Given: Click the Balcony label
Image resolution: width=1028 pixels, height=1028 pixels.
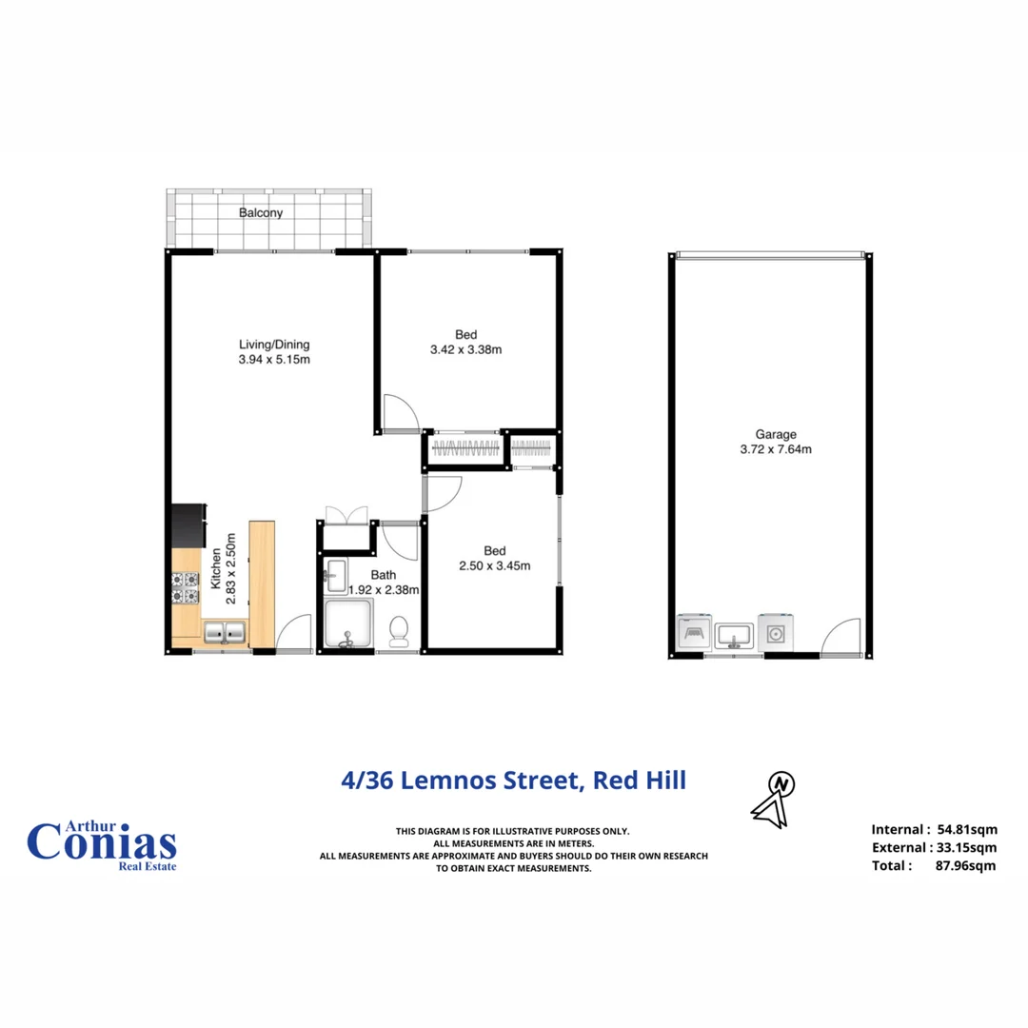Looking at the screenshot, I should coord(261,213).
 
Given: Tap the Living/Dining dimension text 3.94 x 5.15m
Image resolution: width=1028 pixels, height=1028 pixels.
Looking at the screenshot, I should coord(274,360).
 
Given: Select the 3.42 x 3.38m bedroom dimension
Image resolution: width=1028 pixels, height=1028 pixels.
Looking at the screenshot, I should coord(465,349).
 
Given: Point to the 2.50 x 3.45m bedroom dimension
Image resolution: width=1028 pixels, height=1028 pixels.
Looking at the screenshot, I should coord(493,565).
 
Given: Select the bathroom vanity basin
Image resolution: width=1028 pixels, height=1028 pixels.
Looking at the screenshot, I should coord(336,573).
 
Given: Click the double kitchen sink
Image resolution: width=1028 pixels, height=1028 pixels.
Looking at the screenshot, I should coord(225,631).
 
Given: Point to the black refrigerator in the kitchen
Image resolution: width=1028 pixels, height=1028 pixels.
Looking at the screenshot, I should coord(187,525).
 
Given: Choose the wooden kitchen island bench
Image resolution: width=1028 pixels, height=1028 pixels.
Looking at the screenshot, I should coord(262,583).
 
